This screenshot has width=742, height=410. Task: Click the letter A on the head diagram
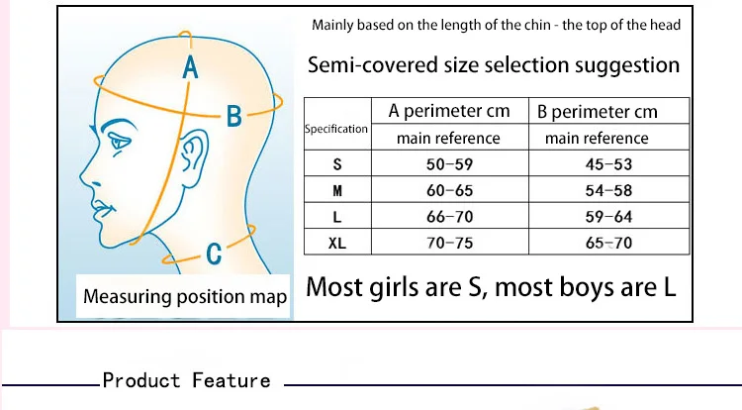(x=191, y=68)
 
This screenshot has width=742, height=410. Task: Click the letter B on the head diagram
(x=234, y=117)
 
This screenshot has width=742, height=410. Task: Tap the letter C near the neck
(x=214, y=255)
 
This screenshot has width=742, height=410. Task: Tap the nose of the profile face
(x=83, y=184)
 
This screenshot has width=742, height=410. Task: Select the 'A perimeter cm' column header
(x=448, y=111)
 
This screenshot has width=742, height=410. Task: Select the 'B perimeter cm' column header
(x=597, y=111)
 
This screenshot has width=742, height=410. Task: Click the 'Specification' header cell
(x=336, y=129)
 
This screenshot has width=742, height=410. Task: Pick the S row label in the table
(x=337, y=165)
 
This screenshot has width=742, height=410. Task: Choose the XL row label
(x=337, y=243)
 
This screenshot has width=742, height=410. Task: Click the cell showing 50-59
(x=448, y=165)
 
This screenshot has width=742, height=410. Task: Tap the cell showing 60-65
(x=448, y=191)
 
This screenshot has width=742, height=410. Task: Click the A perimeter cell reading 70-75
(x=448, y=243)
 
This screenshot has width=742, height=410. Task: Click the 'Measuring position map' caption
(x=185, y=296)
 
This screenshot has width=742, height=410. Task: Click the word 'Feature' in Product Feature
(x=231, y=380)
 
